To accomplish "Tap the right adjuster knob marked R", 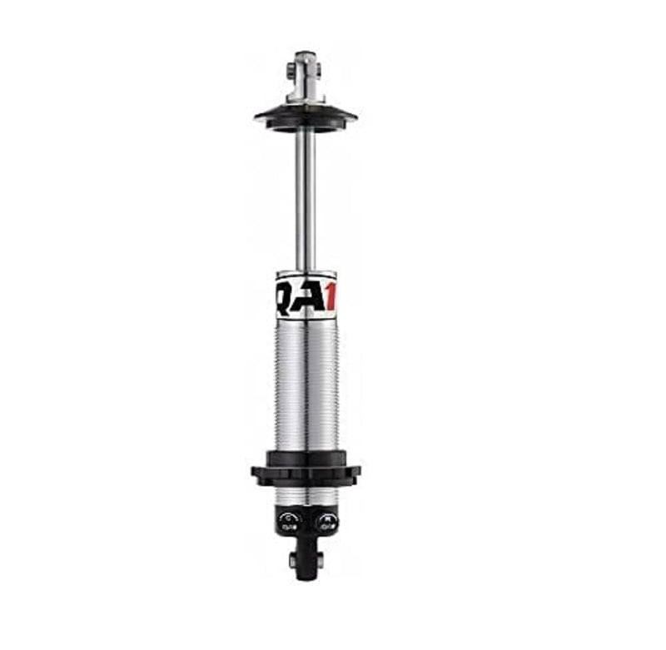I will click(326, 521).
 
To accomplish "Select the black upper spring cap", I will click(306, 117).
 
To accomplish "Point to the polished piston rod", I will click(306, 200).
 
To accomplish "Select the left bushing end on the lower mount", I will click(293, 561).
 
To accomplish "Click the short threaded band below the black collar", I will click(306, 497).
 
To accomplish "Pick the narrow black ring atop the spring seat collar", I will click(306, 456).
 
